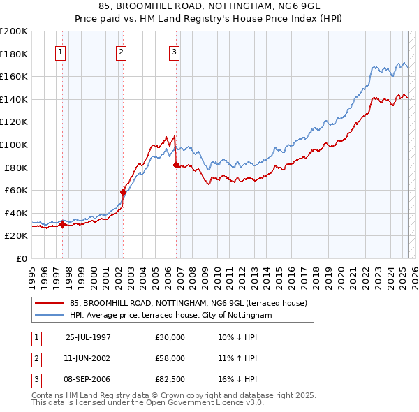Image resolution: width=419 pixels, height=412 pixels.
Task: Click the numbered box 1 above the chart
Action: pyautogui.click(x=61, y=51)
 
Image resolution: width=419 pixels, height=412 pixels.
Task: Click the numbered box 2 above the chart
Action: pyautogui.click(x=121, y=51)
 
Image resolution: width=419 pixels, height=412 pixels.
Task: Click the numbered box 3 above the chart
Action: pyautogui.click(x=174, y=51)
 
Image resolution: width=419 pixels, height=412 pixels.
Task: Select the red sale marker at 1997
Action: pyautogui.click(x=62, y=224)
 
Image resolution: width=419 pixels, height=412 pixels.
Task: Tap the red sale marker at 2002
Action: pyautogui.click(x=123, y=192)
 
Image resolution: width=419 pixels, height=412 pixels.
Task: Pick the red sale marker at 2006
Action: pyautogui.click(x=176, y=164)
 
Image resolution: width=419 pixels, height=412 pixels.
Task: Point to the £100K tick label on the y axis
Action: pyautogui.click(x=14, y=145)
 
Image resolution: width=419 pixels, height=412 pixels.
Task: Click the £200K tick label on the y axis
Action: pyautogui.click(x=14, y=31)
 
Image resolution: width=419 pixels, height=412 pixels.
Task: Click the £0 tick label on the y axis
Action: pyautogui.click(x=22, y=258)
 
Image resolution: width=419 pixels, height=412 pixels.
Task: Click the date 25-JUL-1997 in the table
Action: pyautogui.click(x=88, y=337)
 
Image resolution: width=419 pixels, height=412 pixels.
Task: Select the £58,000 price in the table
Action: pyautogui.click(x=170, y=358)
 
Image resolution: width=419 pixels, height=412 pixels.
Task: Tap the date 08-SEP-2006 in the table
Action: pyautogui.click(x=88, y=379)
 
